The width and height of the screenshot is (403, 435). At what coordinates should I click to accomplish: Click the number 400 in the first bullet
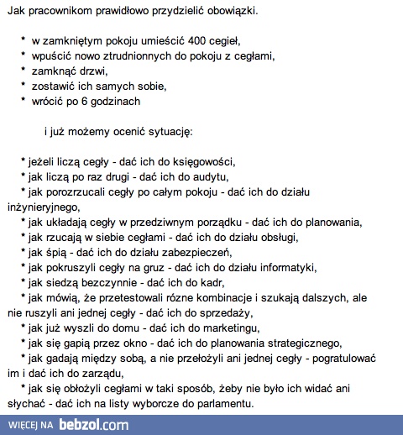tap(186, 40)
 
